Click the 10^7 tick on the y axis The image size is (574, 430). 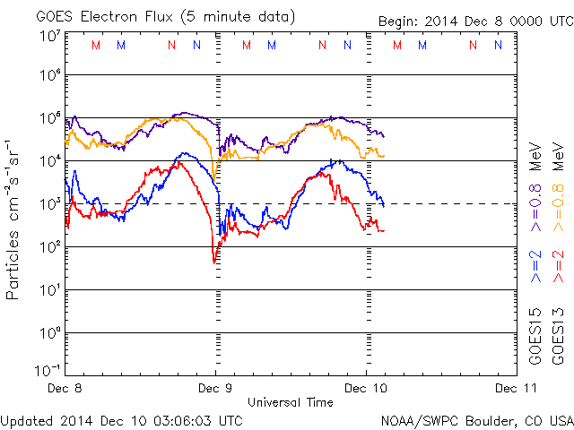tap(49, 35)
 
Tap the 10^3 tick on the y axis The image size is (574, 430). tap(49, 203)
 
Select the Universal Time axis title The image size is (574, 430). tap(291, 402)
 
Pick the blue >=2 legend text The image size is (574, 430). tap(535, 267)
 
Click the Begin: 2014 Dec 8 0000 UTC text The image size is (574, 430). tap(471, 15)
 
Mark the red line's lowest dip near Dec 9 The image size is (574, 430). tap(214, 262)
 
